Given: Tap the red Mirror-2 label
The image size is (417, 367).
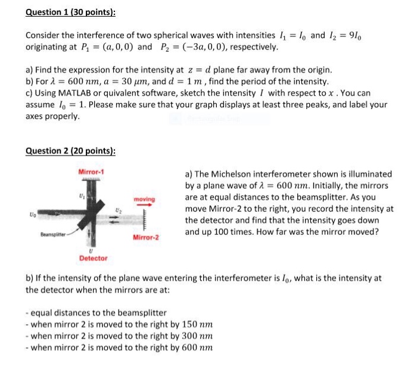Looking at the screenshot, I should (146, 237).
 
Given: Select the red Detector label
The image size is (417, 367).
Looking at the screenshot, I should (94, 258).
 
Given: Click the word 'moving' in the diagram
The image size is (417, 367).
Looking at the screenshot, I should (145, 198).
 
